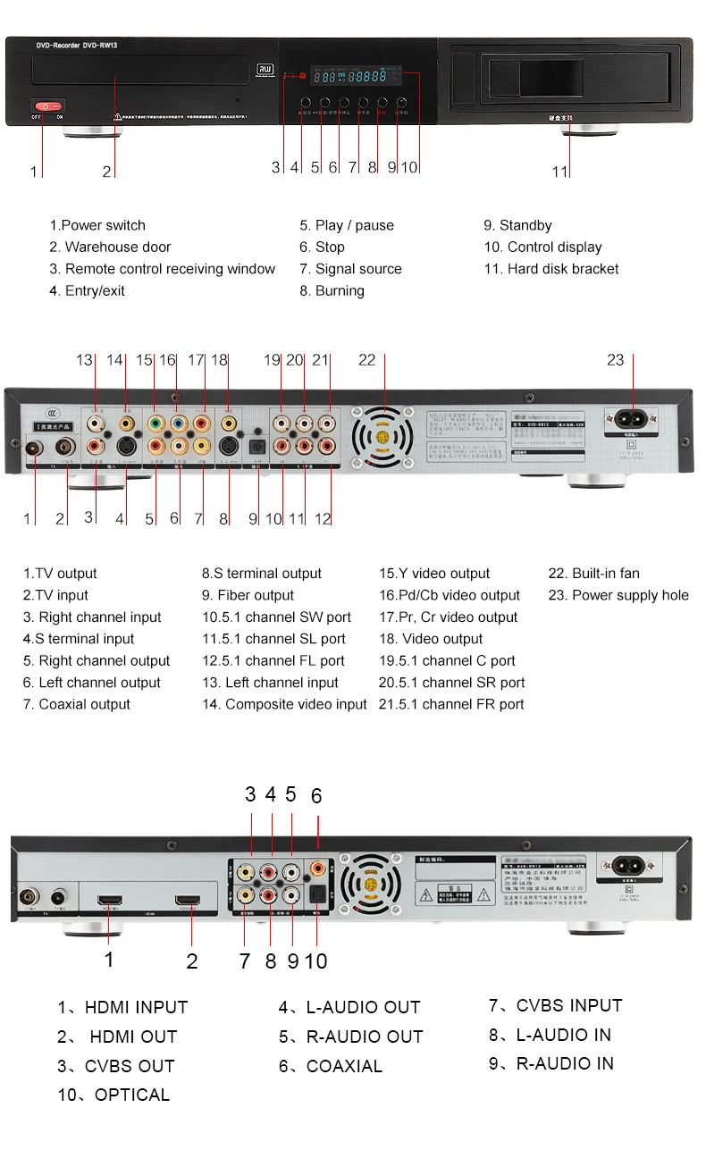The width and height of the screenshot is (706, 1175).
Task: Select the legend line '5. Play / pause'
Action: [x=347, y=226]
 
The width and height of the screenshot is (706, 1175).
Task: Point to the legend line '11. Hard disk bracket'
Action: [x=551, y=269]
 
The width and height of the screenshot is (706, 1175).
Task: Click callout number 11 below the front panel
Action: [x=559, y=172]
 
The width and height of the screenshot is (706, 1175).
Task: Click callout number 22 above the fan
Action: [x=367, y=360]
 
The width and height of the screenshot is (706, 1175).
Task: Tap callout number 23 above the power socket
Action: [x=616, y=360]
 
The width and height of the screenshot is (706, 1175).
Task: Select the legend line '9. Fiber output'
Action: [x=248, y=595]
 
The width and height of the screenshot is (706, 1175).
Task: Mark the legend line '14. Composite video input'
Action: [x=284, y=704]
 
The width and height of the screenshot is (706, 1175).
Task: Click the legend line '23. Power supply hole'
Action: [x=618, y=595]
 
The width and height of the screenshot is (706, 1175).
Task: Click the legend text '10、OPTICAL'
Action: [x=113, y=1095]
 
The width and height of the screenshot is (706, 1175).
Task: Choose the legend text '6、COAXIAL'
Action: [x=331, y=1066]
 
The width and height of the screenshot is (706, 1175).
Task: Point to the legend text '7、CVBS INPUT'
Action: [x=555, y=1006]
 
